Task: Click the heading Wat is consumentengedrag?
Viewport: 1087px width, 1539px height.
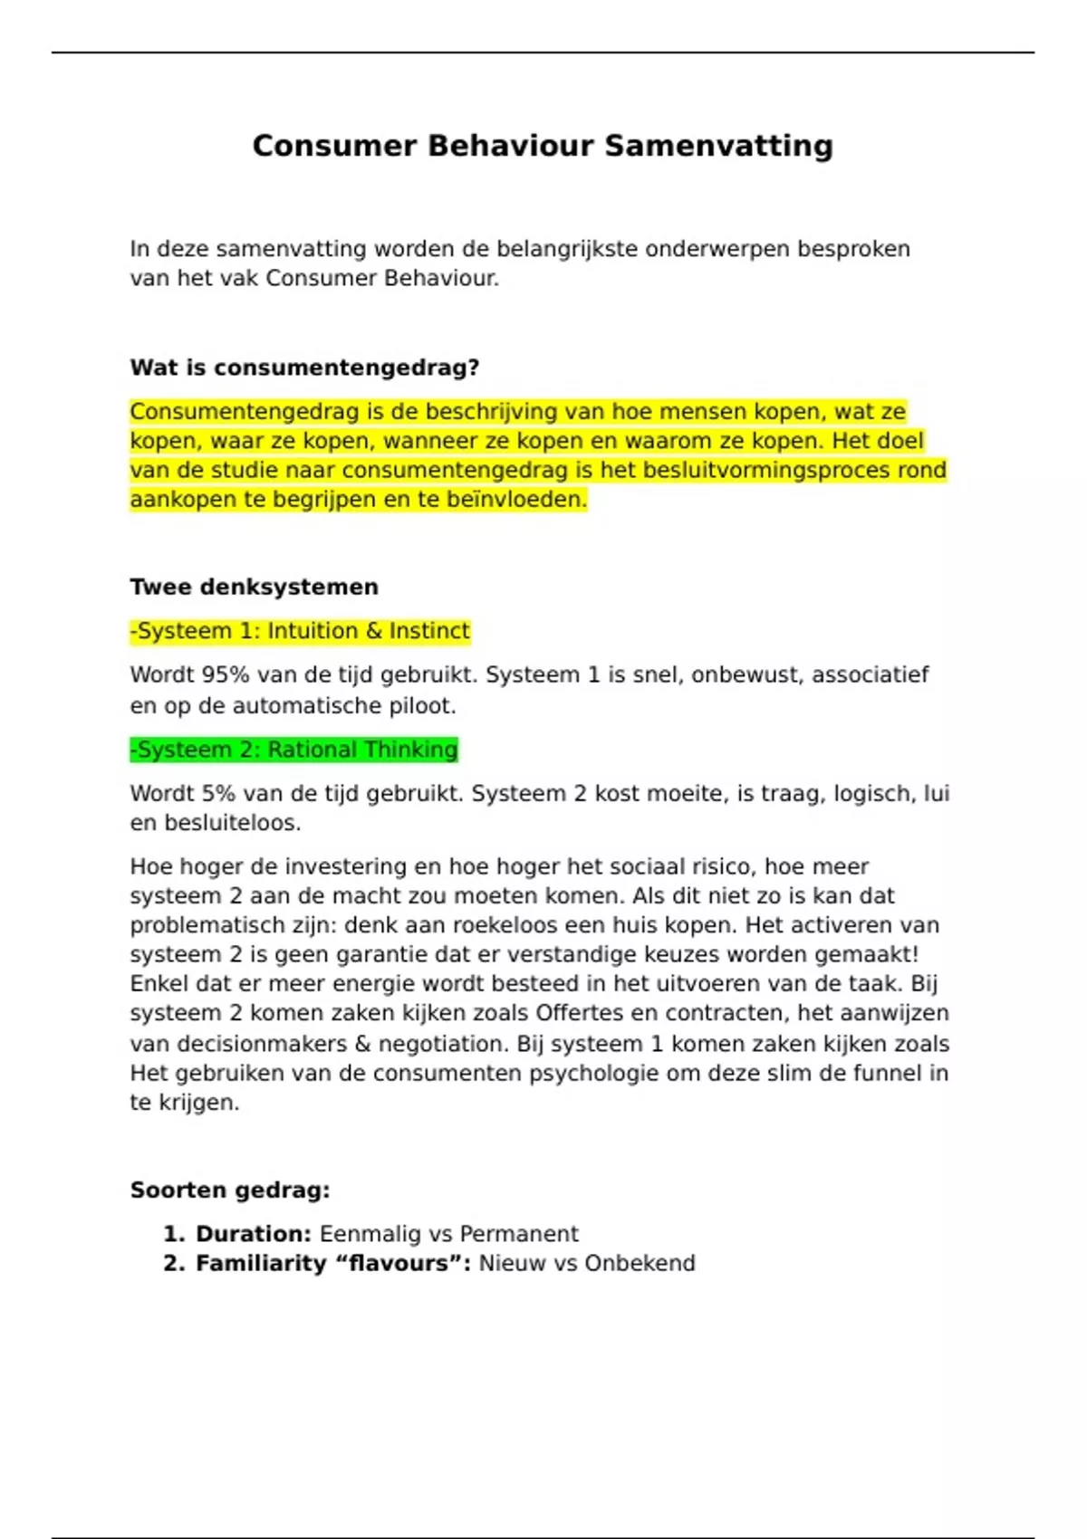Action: [304, 368]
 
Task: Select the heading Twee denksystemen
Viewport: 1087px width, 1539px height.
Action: [254, 587]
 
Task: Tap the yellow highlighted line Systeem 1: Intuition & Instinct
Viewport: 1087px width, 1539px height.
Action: [301, 631]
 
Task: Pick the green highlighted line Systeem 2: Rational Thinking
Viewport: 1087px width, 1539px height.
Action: [294, 750]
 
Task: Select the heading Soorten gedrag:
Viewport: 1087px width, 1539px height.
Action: [230, 1190]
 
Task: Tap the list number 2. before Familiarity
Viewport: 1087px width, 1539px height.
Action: [174, 1263]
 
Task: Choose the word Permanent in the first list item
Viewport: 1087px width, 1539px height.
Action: [519, 1234]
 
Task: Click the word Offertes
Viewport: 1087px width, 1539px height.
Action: [580, 1013]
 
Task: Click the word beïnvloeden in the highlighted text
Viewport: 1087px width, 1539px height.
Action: [516, 500]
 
